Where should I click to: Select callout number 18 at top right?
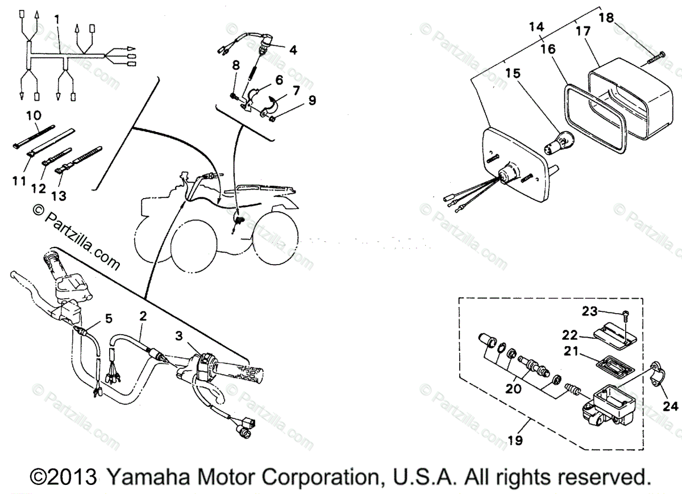coord(606,19)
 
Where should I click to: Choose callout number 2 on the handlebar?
coord(143,315)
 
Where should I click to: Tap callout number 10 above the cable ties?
coord(34,116)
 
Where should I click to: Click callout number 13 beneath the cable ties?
coord(59,196)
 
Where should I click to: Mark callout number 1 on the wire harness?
coord(57,19)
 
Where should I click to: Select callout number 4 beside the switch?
coord(293,50)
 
